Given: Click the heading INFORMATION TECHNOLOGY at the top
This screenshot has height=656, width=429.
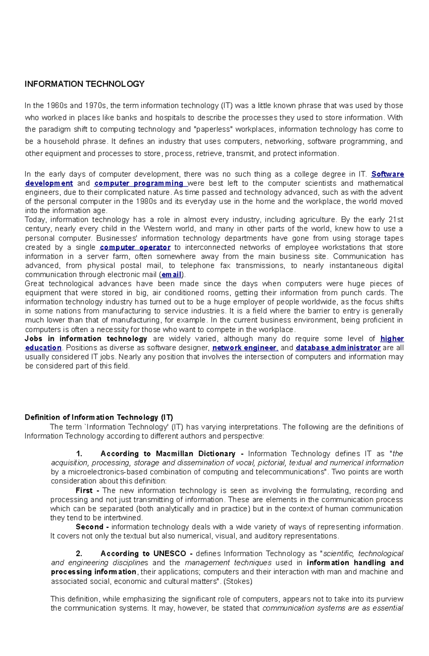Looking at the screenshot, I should (84, 84).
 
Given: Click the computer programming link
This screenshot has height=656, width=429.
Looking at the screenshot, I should (139, 183).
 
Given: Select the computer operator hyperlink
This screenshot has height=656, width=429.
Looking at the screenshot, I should (135, 247).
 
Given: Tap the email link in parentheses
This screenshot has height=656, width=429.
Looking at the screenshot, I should (172, 275).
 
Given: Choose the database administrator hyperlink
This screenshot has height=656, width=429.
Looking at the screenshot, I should (338, 348).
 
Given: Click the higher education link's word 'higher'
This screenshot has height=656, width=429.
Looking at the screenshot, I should (392, 339).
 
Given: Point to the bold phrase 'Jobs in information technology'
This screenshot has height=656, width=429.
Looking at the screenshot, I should (86, 339).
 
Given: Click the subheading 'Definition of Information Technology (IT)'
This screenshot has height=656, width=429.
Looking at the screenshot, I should (99, 417).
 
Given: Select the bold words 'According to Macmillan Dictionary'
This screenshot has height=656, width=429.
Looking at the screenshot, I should (168, 454).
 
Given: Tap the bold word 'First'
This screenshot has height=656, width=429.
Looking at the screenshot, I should (84, 490).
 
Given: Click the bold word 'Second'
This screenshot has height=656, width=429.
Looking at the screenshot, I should (89, 527).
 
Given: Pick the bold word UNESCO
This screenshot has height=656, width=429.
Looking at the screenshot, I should (170, 554).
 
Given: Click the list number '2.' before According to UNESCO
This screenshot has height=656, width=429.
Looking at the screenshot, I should (79, 554).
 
